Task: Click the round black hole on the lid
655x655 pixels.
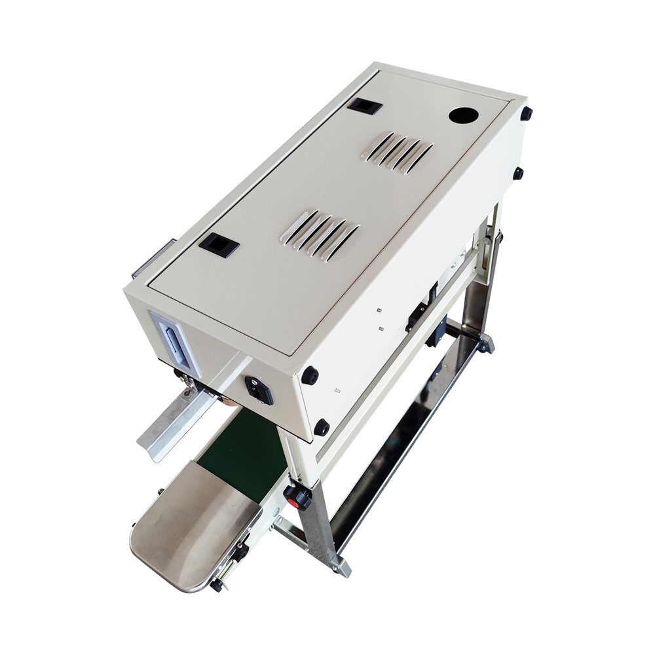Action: point(464,116)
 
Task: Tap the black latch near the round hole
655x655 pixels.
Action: point(364,106)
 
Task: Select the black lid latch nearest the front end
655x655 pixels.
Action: point(219,245)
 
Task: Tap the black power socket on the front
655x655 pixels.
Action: point(258,389)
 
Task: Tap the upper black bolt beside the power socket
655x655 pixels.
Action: point(310,376)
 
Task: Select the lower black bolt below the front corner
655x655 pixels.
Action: point(321,427)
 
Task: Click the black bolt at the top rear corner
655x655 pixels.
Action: point(525,113)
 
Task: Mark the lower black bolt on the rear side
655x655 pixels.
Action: point(517,173)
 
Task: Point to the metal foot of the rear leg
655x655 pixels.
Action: point(484,345)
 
